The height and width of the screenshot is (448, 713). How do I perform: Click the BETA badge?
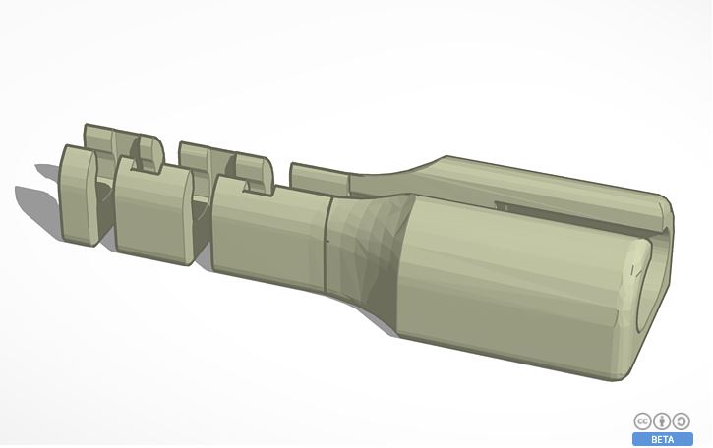[x=663, y=439]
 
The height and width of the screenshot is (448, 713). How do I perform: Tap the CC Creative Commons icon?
[x=643, y=421]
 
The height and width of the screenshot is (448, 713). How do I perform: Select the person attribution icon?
[x=662, y=421]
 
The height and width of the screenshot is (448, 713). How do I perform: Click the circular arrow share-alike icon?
[x=682, y=421]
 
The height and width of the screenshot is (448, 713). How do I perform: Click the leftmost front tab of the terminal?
[x=79, y=196]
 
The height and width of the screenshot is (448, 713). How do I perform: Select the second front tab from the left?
[x=152, y=211]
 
